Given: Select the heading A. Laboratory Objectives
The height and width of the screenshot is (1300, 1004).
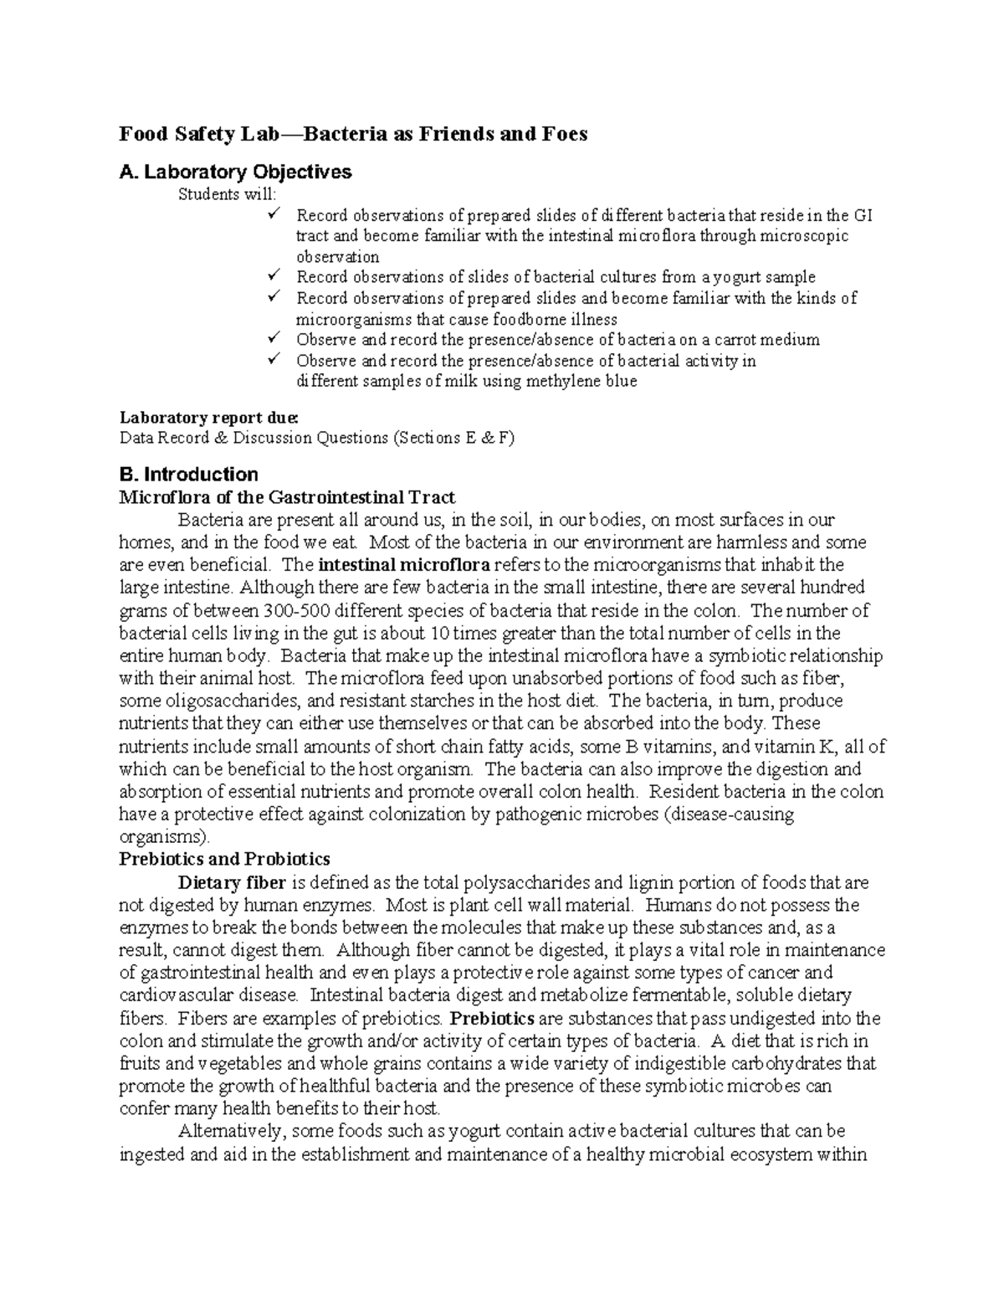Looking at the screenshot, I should [x=235, y=172].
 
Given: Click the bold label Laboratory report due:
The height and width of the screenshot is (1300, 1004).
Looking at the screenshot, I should [x=208, y=416].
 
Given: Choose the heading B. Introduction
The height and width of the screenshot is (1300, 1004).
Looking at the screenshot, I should [x=188, y=475].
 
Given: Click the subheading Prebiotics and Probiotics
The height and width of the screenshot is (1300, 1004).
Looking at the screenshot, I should [x=224, y=859].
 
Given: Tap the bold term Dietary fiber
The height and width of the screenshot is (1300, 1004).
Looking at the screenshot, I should [x=232, y=882].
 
